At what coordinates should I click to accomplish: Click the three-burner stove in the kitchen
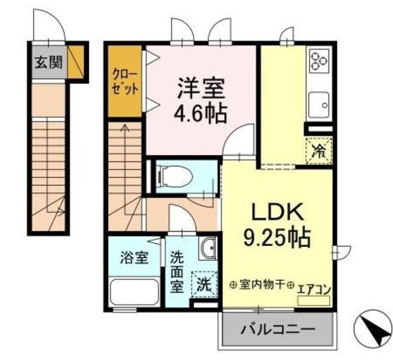coord(319,59)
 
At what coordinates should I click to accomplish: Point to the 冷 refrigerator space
coord(319,149)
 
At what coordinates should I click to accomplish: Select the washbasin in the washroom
coord(207,247)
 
